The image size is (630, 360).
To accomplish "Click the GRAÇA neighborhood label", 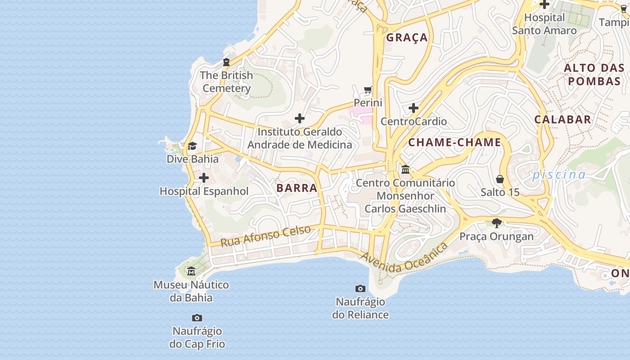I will click(407, 38).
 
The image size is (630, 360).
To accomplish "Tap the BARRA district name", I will click(297, 188).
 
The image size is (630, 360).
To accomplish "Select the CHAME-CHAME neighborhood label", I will click(454, 143).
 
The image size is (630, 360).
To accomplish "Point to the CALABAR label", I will click(562, 120).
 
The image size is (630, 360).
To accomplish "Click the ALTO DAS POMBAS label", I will click(594, 75).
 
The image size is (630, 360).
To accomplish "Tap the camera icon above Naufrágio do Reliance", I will click(360, 288).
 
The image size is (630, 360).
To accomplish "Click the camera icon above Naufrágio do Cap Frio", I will click(197, 318).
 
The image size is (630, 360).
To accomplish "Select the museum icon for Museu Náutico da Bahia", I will click(191, 271).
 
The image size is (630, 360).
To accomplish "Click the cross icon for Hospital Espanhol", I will click(204, 178).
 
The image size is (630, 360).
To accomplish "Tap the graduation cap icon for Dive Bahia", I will click(192, 146).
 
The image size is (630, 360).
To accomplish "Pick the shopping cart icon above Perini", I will click(368, 90).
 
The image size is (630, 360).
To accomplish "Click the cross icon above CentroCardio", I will click(414, 108).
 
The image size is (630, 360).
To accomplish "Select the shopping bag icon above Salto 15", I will click(499, 179).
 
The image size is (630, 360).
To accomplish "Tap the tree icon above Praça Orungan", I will click(497, 223).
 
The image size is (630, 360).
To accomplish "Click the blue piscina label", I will click(559, 175).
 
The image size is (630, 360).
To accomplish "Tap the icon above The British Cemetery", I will click(226, 62).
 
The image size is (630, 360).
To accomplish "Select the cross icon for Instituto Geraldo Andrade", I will click(300, 119).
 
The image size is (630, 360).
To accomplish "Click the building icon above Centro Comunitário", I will click(405, 170).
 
